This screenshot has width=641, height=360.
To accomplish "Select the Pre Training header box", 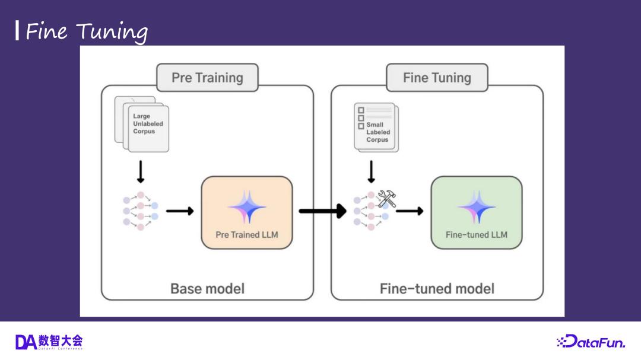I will (207, 78).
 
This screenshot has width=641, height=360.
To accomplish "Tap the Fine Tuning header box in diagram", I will (437, 78).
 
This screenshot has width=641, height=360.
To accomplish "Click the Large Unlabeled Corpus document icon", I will (142, 124).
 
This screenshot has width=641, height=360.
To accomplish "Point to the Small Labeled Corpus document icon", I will (376, 128).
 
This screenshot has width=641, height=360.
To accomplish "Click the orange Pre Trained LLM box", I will (247, 212).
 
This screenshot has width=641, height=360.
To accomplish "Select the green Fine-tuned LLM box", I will (477, 212).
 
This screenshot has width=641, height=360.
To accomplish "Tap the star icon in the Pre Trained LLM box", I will (247, 206).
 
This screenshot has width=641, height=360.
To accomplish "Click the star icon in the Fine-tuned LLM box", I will (477, 206).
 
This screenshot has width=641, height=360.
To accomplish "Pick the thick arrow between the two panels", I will (322, 211).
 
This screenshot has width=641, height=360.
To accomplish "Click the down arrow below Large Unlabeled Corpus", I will (141, 171).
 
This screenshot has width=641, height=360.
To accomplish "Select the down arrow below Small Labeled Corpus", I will (371, 171).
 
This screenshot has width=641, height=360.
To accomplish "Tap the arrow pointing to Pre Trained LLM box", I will (179, 211).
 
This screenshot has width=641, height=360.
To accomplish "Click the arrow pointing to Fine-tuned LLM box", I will (410, 211).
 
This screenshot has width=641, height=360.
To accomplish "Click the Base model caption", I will (207, 289).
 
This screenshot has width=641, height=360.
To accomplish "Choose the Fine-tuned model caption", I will (437, 289).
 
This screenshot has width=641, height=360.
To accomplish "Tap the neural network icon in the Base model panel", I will (141, 211).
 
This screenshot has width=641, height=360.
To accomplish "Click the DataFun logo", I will (591, 342).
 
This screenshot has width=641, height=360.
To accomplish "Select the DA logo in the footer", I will (49, 342).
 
